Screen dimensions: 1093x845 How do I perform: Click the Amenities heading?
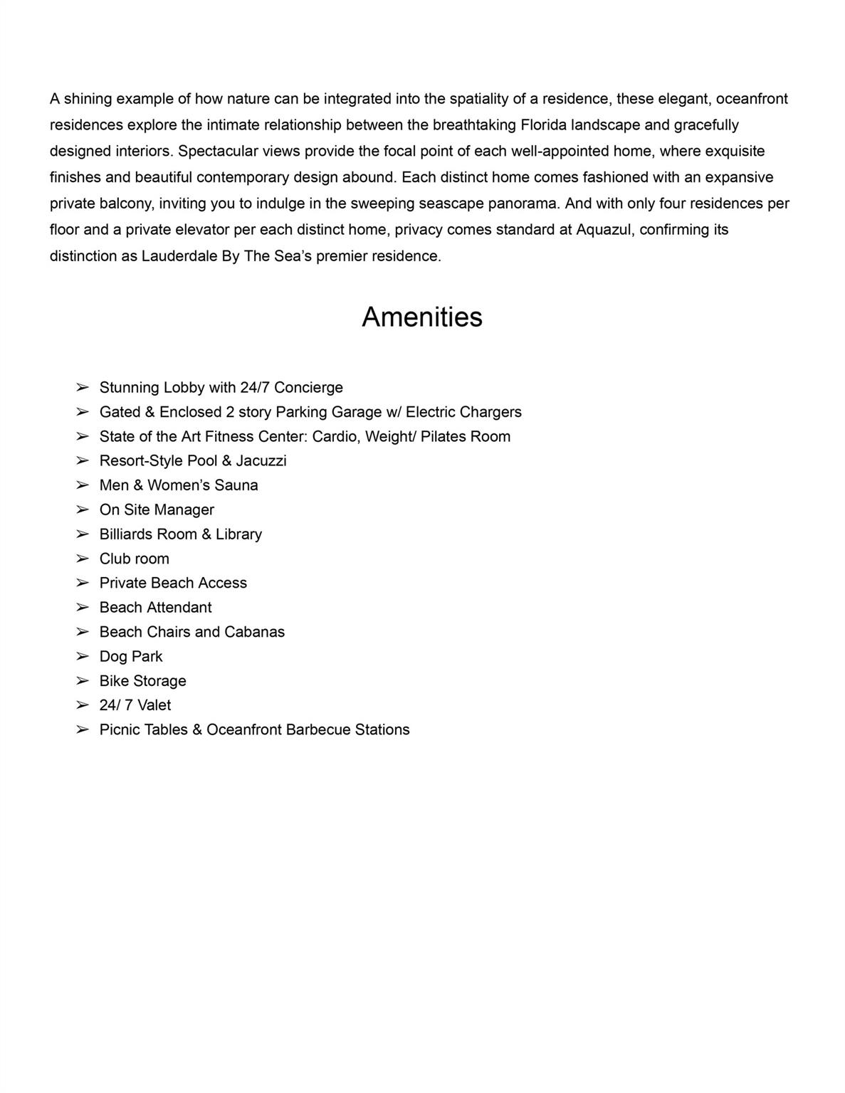[x=421, y=317]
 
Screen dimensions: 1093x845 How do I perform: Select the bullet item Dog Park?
[x=131, y=656]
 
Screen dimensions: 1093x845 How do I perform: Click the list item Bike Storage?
[x=142, y=681]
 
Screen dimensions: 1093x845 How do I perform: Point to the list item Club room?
[x=134, y=559]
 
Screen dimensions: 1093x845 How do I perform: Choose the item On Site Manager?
[x=157, y=509]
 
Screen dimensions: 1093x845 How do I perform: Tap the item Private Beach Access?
[x=173, y=583]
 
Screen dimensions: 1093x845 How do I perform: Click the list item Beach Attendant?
[x=155, y=608]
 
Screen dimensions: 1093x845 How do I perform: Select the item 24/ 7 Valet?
[x=135, y=705]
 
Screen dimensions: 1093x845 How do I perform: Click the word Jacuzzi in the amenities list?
[x=261, y=461]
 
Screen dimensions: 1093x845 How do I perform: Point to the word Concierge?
[x=308, y=388]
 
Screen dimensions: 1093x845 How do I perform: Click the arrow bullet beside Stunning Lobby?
[x=83, y=388]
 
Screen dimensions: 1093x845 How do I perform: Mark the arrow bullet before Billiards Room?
[x=83, y=534]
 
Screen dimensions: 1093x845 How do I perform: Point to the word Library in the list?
[x=238, y=534]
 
